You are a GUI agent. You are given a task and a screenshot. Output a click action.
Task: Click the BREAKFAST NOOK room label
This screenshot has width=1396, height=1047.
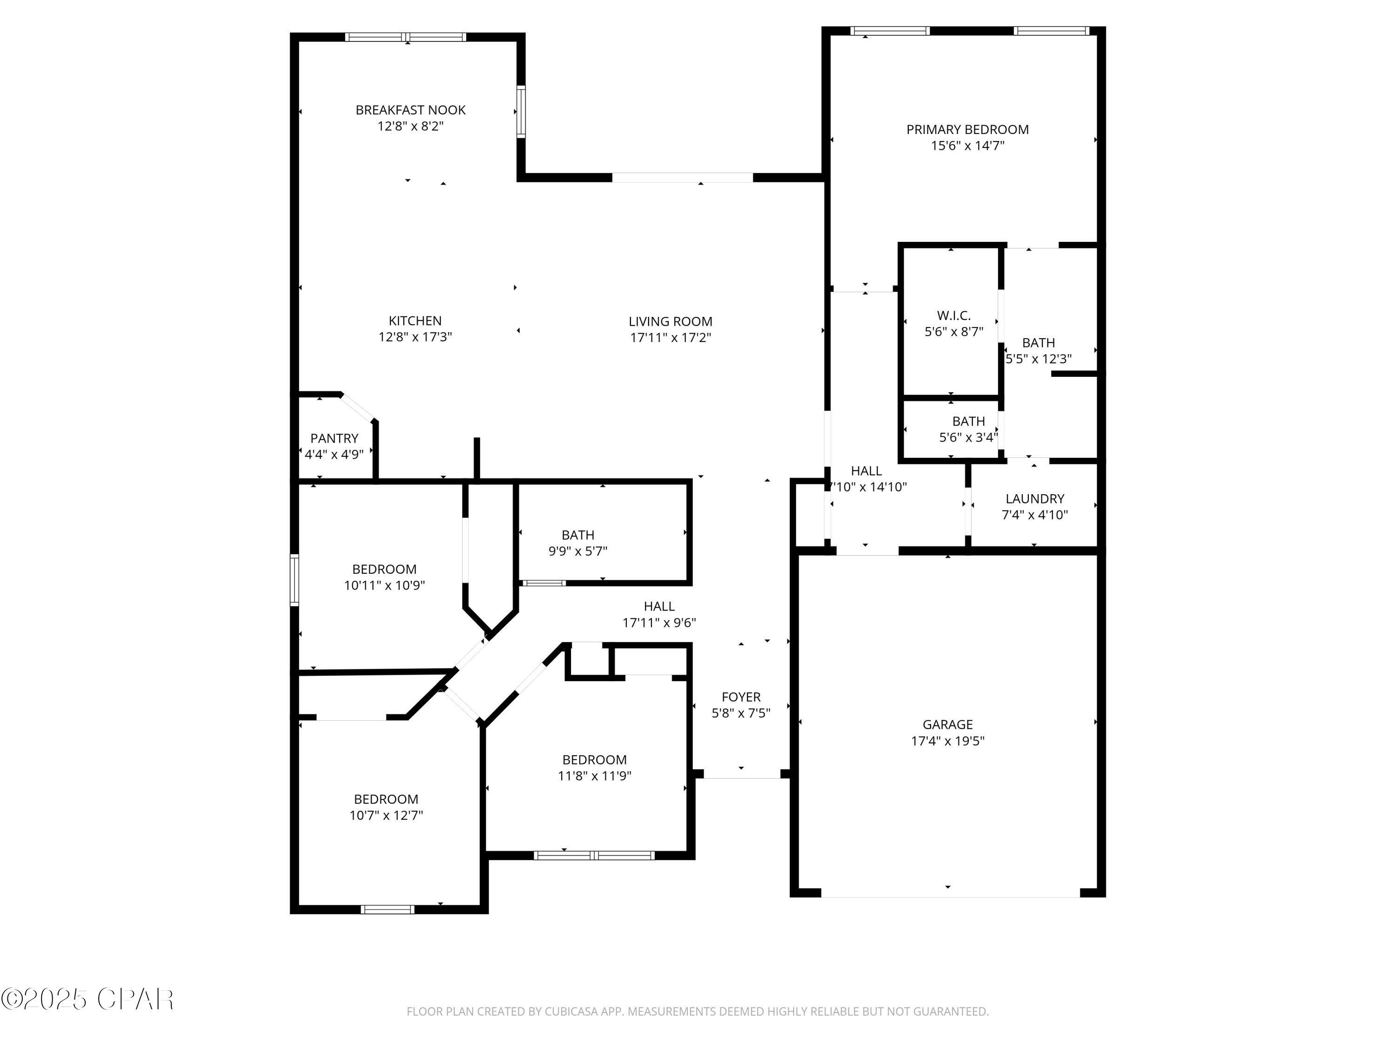[410, 110]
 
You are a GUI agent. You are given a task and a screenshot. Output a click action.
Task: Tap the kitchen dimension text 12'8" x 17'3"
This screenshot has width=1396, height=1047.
[415, 337]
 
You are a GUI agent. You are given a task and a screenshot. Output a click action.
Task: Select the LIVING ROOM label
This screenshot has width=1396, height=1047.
[670, 321]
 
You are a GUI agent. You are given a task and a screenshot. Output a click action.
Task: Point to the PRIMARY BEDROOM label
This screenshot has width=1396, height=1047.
[967, 129]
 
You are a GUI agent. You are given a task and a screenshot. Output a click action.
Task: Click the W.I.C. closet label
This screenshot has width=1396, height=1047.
[953, 315]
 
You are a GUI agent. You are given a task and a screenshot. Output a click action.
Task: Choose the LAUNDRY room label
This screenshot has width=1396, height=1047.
[1034, 498]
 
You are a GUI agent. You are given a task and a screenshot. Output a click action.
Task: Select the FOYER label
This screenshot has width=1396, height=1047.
[740, 697]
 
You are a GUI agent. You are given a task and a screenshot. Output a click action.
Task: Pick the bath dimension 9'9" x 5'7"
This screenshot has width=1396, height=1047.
[577, 551]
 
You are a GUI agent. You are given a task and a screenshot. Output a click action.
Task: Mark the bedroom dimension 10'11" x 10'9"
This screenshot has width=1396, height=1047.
[384, 585]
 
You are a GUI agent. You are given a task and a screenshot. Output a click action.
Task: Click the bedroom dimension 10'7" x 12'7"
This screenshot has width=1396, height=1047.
[386, 815]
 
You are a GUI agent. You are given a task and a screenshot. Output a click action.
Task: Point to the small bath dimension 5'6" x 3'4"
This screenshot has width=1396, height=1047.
[967, 437]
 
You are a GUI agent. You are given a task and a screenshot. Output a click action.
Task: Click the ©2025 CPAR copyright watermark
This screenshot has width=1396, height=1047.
[87, 999]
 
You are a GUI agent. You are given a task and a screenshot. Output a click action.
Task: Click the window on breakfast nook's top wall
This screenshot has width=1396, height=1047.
[406, 37]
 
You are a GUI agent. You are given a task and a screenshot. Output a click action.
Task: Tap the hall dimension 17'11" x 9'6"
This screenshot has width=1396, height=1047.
[659, 622]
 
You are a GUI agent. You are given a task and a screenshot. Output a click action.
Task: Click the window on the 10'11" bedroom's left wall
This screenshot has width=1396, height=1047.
[294, 579]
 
